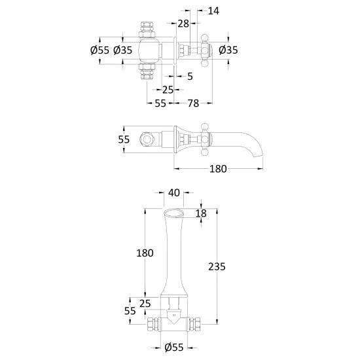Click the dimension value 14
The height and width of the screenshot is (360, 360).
point(213,10)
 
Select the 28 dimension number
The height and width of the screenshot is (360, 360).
point(183,24)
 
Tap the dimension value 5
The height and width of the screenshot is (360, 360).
point(190,77)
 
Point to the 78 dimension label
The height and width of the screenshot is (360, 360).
point(193,103)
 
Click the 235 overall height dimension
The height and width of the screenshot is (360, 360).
point(217,267)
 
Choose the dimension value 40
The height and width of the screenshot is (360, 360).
point(174,193)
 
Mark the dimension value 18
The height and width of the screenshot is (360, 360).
point(201,213)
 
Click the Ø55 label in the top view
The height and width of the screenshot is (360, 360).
point(100,50)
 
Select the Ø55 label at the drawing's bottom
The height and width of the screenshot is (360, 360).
point(174,348)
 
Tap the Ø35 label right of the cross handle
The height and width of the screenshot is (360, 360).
point(228,50)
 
